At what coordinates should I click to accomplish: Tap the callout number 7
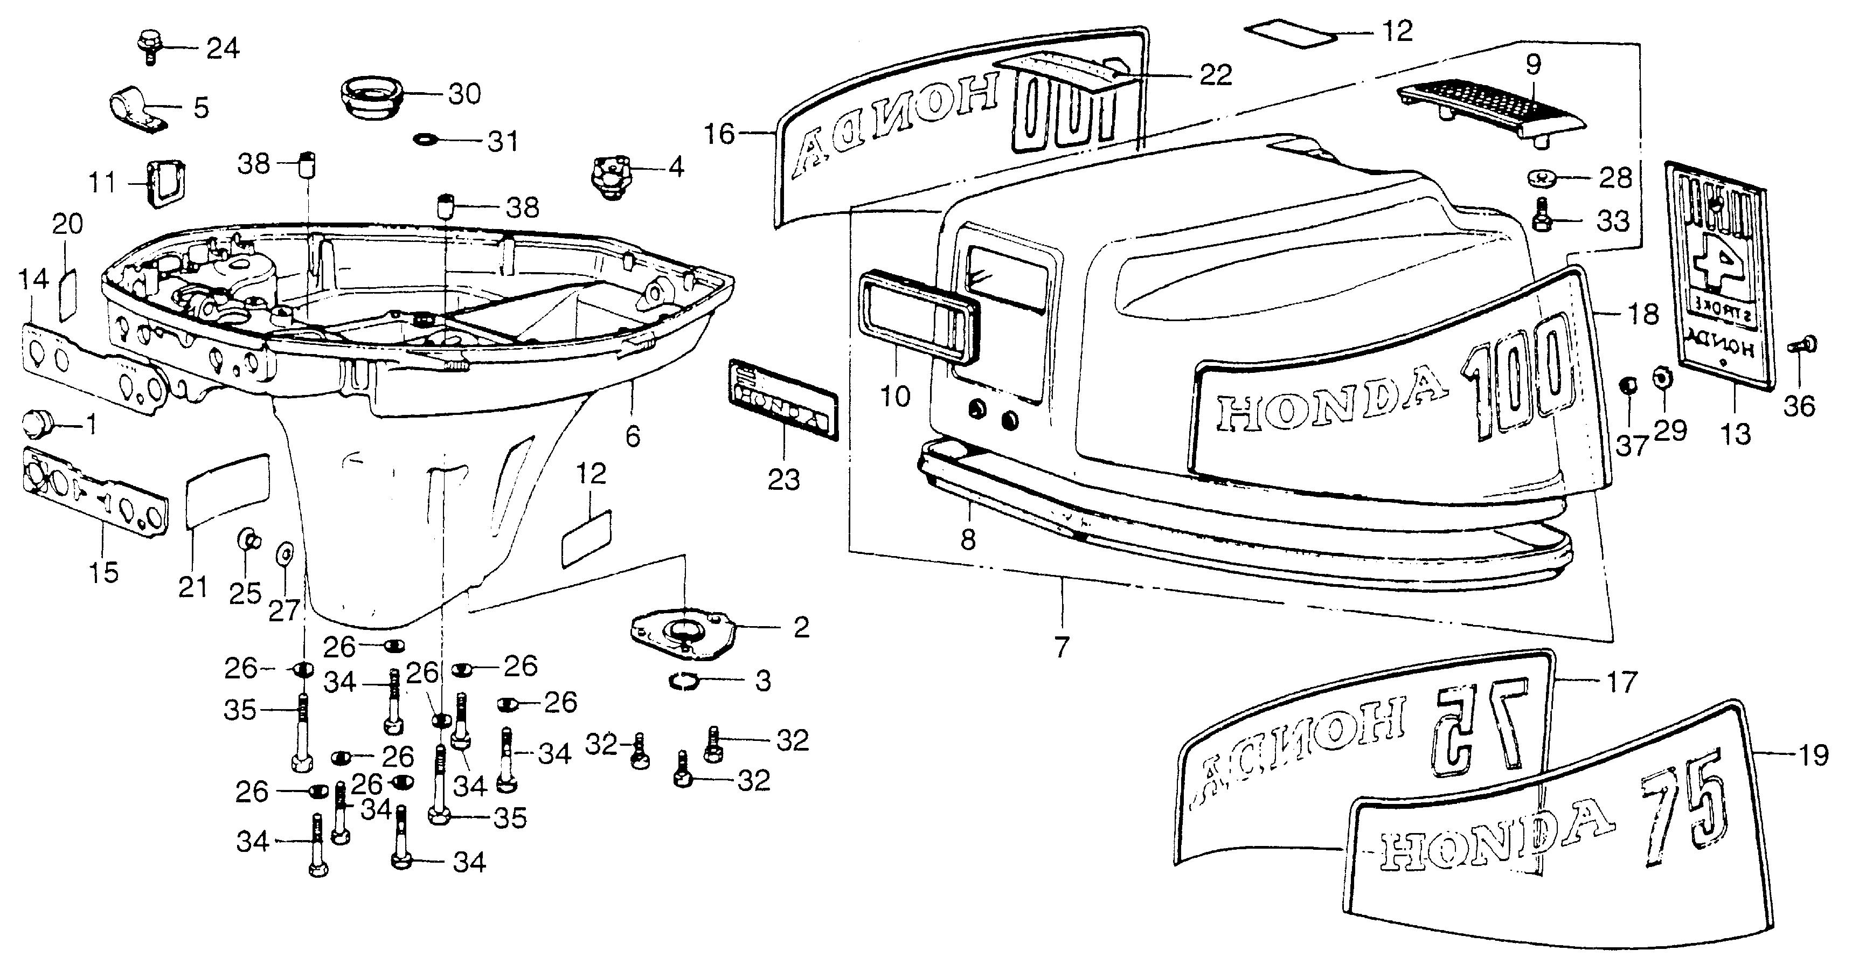coord(1061,648)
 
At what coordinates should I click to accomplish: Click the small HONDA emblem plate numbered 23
coord(783,399)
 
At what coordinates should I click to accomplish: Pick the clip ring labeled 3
coord(683,681)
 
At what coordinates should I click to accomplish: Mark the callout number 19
coord(1813,755)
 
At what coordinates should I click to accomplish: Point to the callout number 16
coord(719,134)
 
